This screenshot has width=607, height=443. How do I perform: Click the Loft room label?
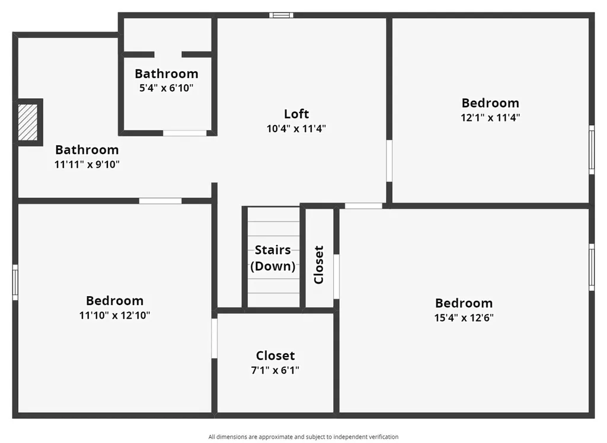296,114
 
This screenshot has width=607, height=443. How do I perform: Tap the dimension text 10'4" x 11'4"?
296,128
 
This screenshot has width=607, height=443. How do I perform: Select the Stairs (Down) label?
273,258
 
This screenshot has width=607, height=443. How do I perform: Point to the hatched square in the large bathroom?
27,123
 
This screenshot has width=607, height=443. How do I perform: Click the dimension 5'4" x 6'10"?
166,88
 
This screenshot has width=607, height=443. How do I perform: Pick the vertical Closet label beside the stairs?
319,265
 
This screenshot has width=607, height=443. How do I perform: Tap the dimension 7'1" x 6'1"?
275,370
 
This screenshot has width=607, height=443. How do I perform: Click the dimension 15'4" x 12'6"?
464,317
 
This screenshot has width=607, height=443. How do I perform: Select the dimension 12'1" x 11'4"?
490,117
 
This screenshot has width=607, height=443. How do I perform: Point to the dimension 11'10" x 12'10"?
114,315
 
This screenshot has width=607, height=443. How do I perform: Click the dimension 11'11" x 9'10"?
87,164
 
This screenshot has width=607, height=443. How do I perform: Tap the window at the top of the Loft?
281,15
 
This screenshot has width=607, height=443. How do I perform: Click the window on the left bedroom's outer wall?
15,281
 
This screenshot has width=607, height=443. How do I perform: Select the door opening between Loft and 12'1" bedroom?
389,160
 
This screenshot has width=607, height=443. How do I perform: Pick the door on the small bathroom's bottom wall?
185,133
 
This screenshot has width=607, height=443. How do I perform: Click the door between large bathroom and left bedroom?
160,201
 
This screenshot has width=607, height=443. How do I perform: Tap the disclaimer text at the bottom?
303,437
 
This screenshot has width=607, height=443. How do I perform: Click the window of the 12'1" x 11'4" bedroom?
591,151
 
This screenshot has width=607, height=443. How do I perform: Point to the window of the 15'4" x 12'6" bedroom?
591,267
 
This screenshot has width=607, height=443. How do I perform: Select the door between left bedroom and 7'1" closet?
215,338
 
